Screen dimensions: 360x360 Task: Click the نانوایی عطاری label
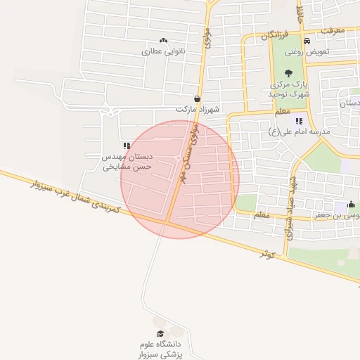point(163,51)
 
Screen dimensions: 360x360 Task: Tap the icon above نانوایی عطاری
point(164,41)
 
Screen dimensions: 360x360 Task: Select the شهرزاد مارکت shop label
point(198,110)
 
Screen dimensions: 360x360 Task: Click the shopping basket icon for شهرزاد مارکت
point(197,99)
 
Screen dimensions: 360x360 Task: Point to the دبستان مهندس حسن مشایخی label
point(127,162)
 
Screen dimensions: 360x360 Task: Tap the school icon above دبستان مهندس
point(127,146)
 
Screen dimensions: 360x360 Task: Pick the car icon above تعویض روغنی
point(305,40)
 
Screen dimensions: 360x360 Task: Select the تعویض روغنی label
point(304,51)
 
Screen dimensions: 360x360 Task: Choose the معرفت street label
point(331,31)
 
